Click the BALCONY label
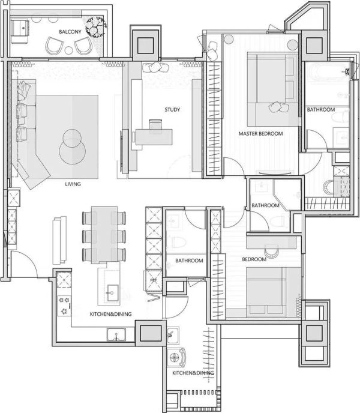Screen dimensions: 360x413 [70, 32]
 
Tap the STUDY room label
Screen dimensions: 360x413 [172, 110]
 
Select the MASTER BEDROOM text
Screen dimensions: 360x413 [260, 133]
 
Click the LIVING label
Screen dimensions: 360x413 [73, 184]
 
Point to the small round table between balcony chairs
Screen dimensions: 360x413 [69, 50]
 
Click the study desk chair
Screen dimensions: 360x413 [155, 124]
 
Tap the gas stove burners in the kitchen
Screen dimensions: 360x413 [64, 306]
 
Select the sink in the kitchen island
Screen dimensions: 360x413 [112, 292]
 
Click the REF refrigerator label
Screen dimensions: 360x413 [153, 280]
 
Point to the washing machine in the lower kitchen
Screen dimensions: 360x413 [176, 357]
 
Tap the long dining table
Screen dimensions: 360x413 [104, 235]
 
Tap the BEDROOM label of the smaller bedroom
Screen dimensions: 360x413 [254, 259]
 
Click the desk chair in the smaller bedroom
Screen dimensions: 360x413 [271, 252]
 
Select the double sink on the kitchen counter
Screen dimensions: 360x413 [116, 334]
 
